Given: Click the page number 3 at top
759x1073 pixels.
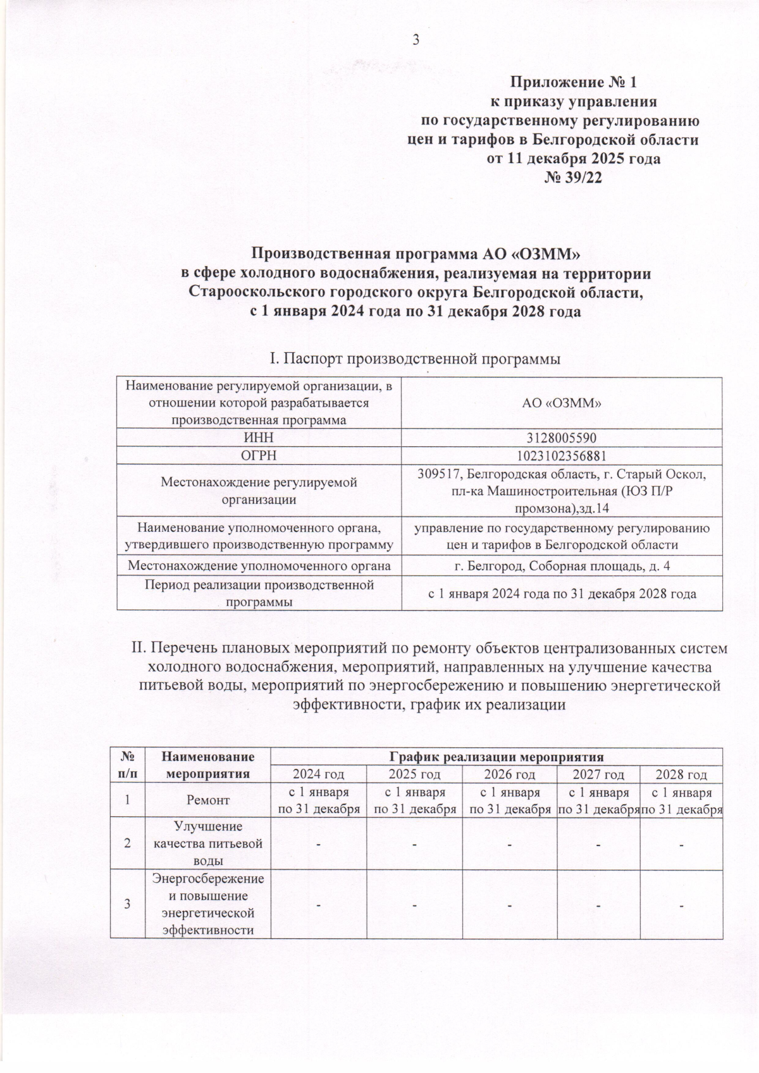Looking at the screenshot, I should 416,40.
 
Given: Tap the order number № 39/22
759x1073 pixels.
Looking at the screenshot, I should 573,178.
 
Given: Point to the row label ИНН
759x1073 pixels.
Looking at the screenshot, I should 259,438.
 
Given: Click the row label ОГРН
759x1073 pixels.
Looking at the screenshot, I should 259,455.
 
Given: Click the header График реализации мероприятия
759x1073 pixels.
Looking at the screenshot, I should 496,756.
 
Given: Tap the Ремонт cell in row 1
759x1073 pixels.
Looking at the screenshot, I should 208,800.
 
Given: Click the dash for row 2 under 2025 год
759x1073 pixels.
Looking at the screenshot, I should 414,845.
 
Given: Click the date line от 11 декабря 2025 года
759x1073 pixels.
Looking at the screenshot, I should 573,159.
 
